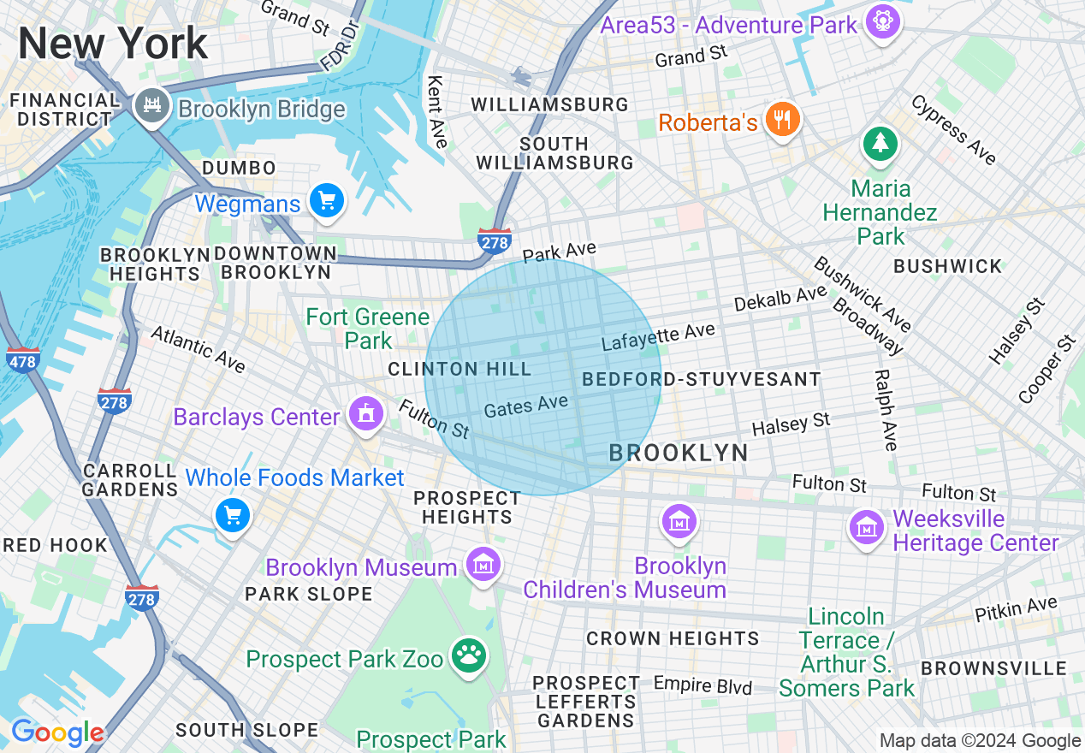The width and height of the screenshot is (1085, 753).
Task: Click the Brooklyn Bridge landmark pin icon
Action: (x=152, y=105)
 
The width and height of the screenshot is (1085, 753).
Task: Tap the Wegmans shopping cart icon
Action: (x=327, y=201)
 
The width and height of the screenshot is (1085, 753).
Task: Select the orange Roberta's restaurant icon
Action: (x=781, y=120)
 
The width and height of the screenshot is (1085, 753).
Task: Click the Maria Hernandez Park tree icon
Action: (x=880, y=143)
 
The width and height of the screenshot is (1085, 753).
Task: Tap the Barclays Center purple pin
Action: (x=366, y=414)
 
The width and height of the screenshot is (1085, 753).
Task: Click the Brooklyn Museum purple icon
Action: (x=483, y=565)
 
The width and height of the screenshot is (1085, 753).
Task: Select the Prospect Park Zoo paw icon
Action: (x=468, y=656)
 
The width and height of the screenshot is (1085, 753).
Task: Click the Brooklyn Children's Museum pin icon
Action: (x=679, y=521)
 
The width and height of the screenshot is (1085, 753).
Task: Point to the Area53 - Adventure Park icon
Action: (x=882, y=19)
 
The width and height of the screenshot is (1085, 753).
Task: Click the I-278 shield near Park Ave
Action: (x=495, y=242)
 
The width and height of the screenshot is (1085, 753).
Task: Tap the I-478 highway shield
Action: (x=23, y=359)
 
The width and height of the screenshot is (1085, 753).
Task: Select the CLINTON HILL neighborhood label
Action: (x=459, y=370)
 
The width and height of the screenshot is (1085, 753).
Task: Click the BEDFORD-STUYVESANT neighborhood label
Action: (x=701, y=379)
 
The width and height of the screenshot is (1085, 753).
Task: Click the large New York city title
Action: (x=113, y=42)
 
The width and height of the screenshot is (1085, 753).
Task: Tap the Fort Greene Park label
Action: (x=368, y=329)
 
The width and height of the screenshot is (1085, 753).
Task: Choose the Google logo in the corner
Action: (x=57, y=732)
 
